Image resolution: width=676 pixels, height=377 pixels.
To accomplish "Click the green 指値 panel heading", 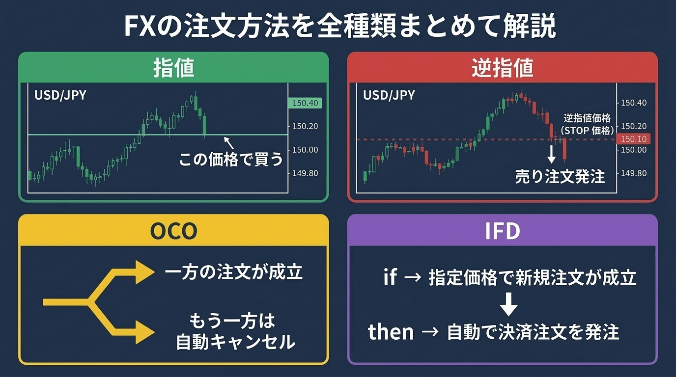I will click(x=173, y=68).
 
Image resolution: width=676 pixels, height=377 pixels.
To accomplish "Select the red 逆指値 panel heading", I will click(x=502, y=68).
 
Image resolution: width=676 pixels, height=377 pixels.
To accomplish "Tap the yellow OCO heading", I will click(x=173, y=231).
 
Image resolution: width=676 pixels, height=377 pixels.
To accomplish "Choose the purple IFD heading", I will click(x=502, y=231).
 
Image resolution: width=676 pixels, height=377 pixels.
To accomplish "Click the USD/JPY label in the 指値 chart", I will click(x=60, y=95).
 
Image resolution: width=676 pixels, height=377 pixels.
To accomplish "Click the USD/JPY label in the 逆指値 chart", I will click(x=389, y=95).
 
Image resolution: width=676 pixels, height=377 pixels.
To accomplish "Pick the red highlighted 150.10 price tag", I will click(x=634, y=139).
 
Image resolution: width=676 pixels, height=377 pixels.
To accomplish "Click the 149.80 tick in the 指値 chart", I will click(x=306, y=173).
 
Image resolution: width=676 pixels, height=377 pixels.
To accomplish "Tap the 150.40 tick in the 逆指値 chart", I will click(x=634, y=103).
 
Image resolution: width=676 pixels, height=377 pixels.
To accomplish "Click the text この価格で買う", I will click(x=231, y=160).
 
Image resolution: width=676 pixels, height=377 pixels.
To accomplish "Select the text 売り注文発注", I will click(x=560, y=176).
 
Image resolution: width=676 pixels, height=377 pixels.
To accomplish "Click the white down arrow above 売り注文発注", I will click(x=552, y=155).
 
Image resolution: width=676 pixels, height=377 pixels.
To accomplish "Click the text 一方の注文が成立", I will click(x=233, y=272).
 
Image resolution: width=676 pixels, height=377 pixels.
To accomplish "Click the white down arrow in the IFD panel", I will click(x=508, y=305).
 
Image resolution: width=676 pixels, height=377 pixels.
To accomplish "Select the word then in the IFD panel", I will click(x=391, y=332).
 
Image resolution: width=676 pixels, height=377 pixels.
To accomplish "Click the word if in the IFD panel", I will click(x=390, y=277).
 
